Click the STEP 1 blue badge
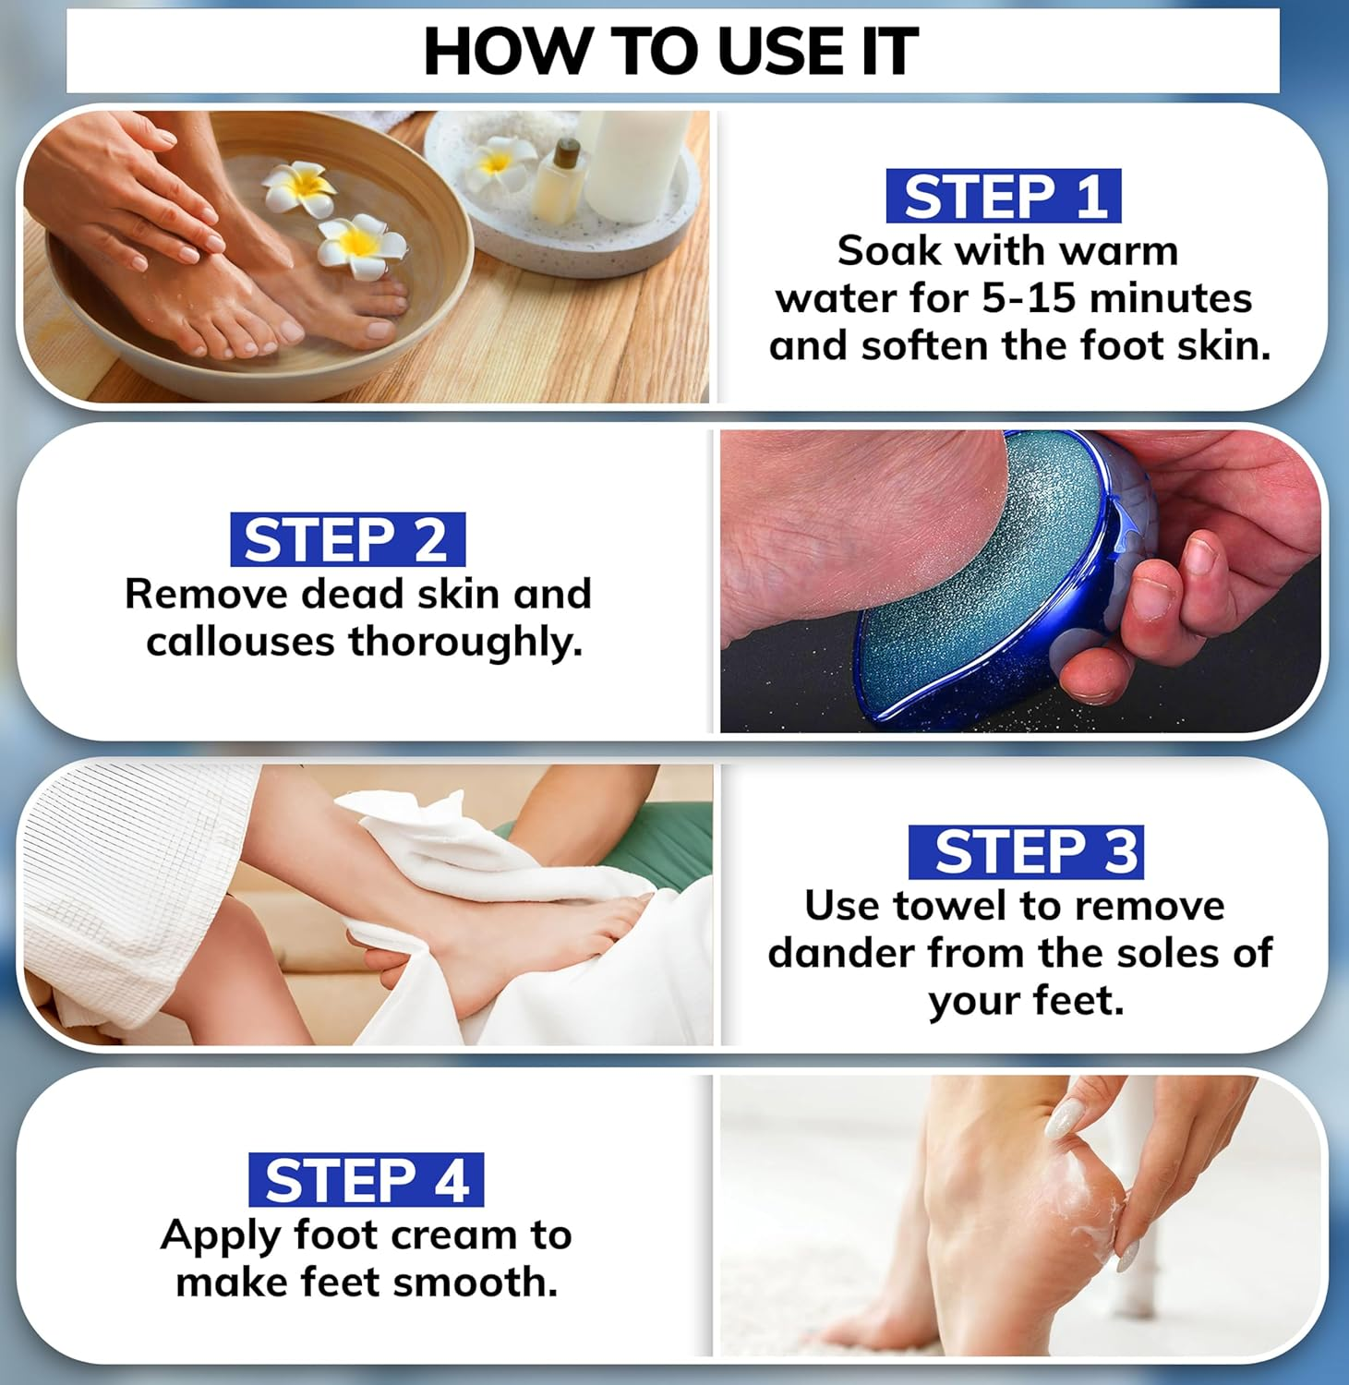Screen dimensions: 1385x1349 click(1003, 196)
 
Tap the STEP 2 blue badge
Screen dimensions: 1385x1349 click(347, 539)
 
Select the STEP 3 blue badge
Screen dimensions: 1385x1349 click(1025, 851)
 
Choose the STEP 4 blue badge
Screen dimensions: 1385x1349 click(366, 1180)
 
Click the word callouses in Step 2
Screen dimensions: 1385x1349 click(240, 642)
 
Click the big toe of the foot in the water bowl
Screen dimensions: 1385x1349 click(286, 328)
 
